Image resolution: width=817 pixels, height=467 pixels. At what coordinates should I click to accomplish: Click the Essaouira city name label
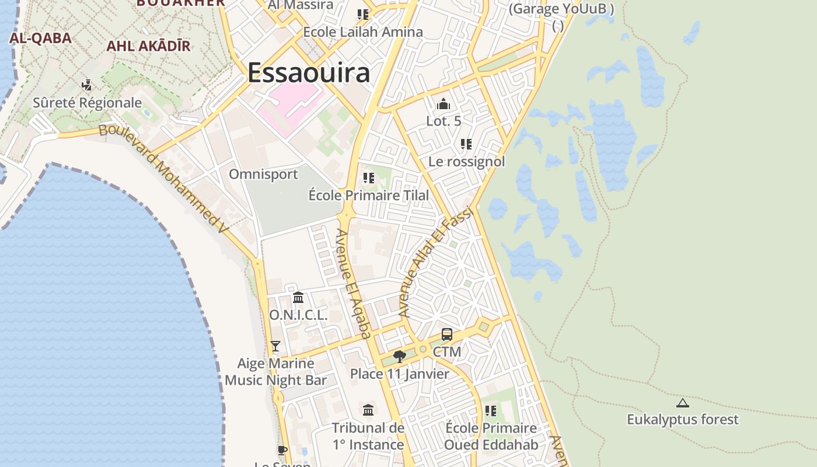tap(309, 73)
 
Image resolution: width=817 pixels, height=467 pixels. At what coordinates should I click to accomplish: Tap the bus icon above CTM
tap(447, 334)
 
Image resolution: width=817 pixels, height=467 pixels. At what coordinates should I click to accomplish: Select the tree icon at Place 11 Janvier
tap(400, 356)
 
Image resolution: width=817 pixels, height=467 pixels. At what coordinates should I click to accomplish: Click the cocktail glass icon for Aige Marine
tap(275, 346)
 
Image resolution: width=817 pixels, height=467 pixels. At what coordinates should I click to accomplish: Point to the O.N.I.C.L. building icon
tap(298, 298)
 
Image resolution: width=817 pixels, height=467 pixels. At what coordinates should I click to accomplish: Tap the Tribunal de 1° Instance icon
tap(368, 410)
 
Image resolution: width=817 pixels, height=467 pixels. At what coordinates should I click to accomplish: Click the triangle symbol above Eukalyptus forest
tap(683, 403)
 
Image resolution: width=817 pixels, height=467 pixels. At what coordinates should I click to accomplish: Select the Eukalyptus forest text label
tap(683, 419)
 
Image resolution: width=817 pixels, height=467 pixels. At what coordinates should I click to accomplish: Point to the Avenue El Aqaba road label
tap(354, 283)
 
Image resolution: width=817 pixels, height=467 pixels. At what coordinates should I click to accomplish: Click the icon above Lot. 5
tap(444, 104)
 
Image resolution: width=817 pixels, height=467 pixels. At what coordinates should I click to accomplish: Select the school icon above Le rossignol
tap(466, 144)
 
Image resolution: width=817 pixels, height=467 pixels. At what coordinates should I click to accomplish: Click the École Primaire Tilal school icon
tap(369, 177)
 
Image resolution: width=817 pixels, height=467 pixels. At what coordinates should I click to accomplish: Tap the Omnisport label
tap(263, 174)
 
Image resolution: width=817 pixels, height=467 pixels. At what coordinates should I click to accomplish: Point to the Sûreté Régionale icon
tap(87, 85)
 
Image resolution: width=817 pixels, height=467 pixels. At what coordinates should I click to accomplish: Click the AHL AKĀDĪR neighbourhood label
tap(148, 46)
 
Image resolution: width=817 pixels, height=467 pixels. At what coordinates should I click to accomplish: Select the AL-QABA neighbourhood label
tap(40, 39)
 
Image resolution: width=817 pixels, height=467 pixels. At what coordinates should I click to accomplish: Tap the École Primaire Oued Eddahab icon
tap(491, 411)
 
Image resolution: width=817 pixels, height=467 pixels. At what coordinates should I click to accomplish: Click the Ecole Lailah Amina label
tap(362, 32)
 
